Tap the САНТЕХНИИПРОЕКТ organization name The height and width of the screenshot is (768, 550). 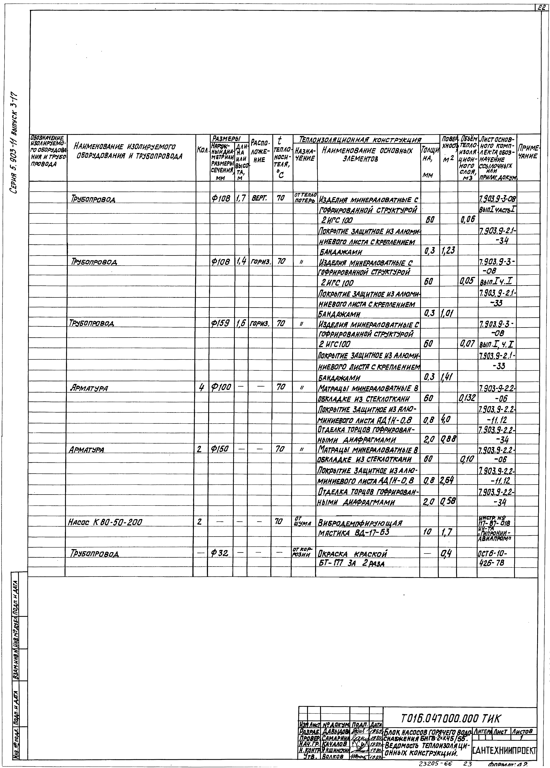(504, 750)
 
